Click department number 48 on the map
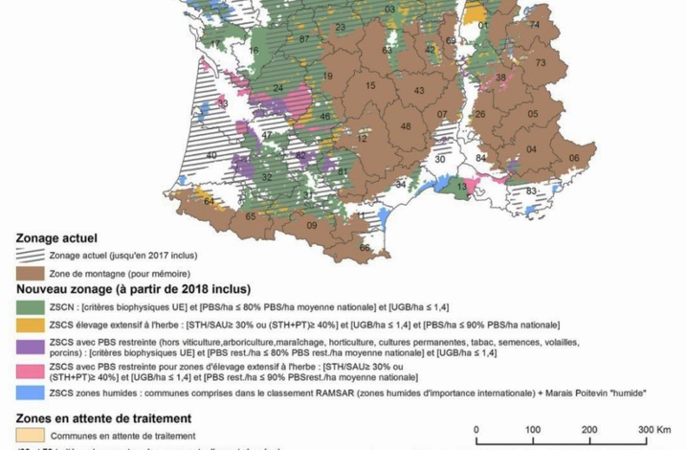click(x=406, y=126)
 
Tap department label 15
click(x=369, y=86)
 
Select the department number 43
click(x=419, y=90)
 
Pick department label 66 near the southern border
click(x=364, y=248)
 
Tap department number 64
click(x=209, y=201)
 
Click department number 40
click(x=210, y=154)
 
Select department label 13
click(x=462, y=186)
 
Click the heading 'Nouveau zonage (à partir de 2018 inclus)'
click(x=132, y=289)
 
